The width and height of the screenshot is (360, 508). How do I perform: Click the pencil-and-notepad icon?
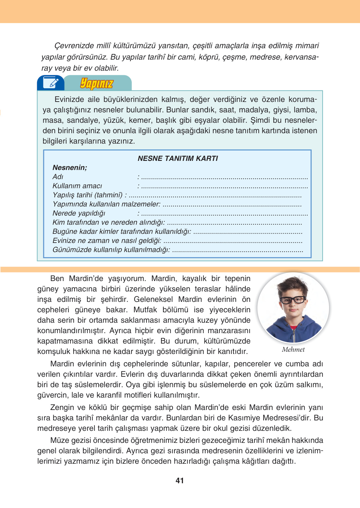(x=51, y=83)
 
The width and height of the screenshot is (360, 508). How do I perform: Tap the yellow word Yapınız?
(x=97, y=83)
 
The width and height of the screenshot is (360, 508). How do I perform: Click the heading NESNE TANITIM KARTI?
(x=178, y=159)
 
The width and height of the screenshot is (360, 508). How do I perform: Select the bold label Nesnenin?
(x=70, y=168)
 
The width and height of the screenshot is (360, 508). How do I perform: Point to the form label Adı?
(x=58, y=177)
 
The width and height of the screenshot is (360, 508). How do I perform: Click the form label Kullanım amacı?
(x=77, y=186)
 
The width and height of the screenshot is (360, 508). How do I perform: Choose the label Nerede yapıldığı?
(x=79, y=213)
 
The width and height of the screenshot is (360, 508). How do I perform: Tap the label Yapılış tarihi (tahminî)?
(x=87, y=195)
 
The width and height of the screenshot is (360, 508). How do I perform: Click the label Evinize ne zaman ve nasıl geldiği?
(x=107, y=241)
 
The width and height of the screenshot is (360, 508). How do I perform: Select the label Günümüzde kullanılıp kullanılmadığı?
(x=111, y=250)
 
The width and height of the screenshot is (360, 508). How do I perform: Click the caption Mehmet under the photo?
(x=293, y=349)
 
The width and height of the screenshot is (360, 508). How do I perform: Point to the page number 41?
(x=180, y=481)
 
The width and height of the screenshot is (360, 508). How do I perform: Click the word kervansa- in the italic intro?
(x=301, y=57)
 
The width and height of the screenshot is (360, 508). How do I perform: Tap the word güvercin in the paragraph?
(x=51, y=395)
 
